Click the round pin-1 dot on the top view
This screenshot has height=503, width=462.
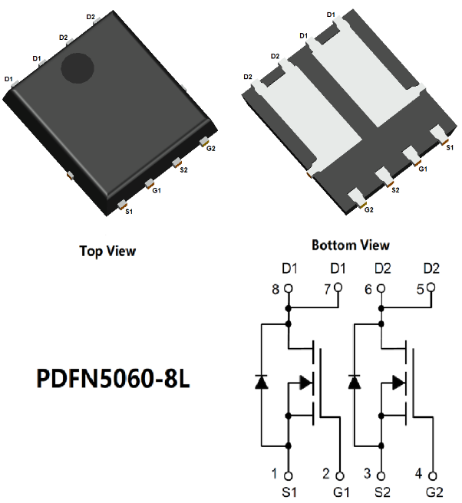click(x=77, y=69)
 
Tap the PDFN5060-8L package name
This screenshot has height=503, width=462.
click(x=113, y=380)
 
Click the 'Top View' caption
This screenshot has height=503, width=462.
click(x=107, y=251)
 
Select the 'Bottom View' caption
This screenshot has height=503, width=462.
click(x=350, y=245)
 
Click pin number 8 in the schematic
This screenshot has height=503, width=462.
click(x=276, y=289)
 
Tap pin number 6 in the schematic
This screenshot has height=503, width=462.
click(x=368, y=289)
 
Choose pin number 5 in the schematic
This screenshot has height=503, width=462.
click(x=419, y=289)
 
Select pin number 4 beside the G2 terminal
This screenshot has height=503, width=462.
click(x=419, y=473)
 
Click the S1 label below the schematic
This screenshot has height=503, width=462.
click(x=289, y=491)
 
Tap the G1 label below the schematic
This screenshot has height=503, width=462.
click(x=341, y=491)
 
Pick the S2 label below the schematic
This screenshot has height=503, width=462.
click(x=381, y=491)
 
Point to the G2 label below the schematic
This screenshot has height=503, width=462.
click(x=434, y=491)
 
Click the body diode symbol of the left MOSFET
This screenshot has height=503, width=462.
click(x=262, y=382)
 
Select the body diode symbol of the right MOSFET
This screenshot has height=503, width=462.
click(x=355, y=382)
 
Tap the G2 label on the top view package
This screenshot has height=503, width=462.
click(x=210, y=148)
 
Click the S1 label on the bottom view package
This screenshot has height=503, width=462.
click(x=449, y=146)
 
